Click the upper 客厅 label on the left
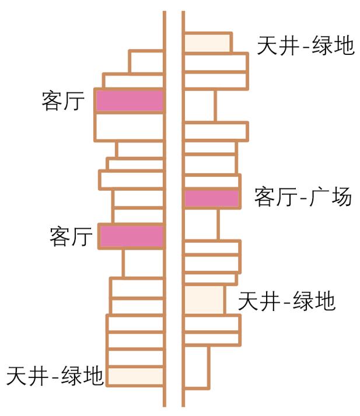64,101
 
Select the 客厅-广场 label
303,197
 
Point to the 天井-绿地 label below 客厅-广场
286,301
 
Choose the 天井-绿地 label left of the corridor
55,375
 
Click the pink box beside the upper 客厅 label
129,101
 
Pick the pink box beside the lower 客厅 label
131,236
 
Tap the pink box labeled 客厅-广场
212,198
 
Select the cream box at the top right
207,43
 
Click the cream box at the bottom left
135,376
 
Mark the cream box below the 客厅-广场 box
204,299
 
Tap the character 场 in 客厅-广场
341,197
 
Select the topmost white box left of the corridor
146,61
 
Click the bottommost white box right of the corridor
197,366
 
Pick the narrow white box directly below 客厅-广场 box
201,223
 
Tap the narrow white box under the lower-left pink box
143,263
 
